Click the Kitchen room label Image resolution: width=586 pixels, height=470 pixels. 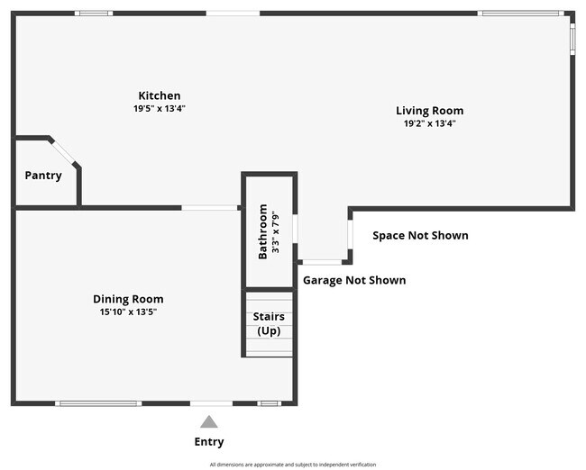159,95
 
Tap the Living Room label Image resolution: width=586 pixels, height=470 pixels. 429,111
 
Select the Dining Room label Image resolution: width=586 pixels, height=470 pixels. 128,299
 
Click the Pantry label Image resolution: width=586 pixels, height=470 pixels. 43,176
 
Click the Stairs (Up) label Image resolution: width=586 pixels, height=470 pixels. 268,323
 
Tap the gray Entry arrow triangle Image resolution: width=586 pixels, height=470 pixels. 209,421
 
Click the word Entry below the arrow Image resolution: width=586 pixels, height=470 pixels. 209,442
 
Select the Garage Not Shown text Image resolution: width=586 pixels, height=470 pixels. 353,280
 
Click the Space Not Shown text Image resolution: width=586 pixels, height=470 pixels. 420,236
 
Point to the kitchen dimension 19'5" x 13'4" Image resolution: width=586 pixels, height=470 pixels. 159,108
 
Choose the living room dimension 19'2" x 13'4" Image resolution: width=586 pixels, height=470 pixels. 429,123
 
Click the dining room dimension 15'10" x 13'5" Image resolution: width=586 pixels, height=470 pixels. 128,312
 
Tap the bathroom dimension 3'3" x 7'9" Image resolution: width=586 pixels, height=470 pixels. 276,231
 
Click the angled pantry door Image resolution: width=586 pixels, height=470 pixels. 65,151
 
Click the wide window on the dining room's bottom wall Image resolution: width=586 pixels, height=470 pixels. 98,403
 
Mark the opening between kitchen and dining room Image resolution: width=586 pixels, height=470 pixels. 210,208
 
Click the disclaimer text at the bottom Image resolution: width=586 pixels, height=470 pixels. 292,465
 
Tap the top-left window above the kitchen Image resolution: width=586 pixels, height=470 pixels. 94,14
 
